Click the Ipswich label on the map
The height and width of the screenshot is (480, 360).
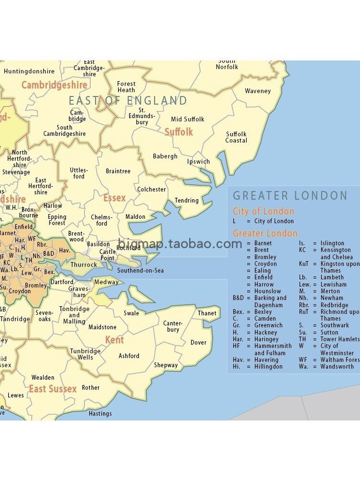pyautogui.click(x=198, y=162)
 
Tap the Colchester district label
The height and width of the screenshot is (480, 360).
pyautogui.click(x=151, y=190)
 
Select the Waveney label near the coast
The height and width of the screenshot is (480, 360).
pyautogui.click(x=258, y=91)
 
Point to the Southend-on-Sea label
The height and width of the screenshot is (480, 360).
pyautogui.click(x=141, y=271)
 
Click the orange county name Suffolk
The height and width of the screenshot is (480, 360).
pyautogui.click(x=179, y=132)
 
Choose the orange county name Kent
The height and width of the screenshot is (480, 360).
pyautogui.click(x=115, y=340)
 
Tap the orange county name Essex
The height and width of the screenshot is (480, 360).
pyautogui.click(x=114, y=198)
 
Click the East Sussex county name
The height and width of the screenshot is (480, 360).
pyautogui.click(x=53, y=389)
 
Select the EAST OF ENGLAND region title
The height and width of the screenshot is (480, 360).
pyautogui.click(x=128, y=101)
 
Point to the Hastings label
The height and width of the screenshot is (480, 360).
pyautogui.click(x=100, y=413)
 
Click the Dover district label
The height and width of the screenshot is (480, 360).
pyautogui.click(x=198, y=343)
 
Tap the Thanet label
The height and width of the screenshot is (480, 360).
pyautogui.click(x=207, y=313)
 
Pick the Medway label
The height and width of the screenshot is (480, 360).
pyautogui.click(x=106, y=282)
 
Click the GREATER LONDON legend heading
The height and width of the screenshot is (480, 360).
pyautogui.click(x=290, y=196)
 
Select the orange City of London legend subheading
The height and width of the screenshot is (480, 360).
pyautogui.click(x=264, y=211)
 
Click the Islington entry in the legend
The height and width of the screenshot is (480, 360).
pyautogui.click(x=332, y=243)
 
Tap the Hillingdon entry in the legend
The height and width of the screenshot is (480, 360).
pyautogui.click(x=268, y=367)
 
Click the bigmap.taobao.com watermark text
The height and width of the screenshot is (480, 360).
pyautogui.click(x=180, y=243)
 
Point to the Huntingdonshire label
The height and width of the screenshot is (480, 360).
pyautogui.click(x=29, y=72)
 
